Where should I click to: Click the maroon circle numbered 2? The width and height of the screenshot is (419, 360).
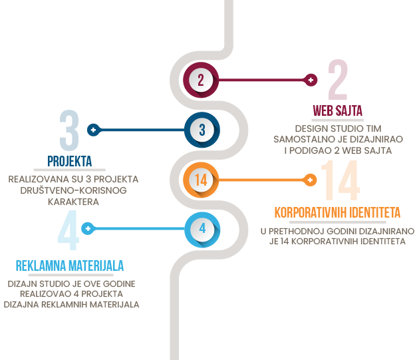pos(201,80)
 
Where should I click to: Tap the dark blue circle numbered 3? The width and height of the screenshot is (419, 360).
pos(202,130)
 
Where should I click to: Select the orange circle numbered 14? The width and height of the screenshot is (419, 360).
pos(201,180)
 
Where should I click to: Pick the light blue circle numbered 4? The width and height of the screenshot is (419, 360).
pos(202,229)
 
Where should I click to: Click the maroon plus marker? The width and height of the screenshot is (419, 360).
pos(311,80)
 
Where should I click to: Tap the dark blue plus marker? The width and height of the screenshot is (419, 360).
pos(94,130)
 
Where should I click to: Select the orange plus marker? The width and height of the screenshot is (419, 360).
pos(310,180)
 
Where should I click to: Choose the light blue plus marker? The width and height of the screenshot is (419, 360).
pos(88,229)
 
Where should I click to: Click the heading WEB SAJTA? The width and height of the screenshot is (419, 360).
pos(337,110)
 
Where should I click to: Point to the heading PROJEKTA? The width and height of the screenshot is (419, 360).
pos(69,161)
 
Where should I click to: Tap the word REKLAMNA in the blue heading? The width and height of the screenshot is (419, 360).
pos(41,266)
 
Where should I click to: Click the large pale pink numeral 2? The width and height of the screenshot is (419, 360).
pos(338,80)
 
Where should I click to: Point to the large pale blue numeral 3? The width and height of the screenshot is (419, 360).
pos(69,130)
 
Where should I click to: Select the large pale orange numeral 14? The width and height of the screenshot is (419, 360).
pos(341,180)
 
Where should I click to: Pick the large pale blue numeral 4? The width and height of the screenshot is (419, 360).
pos(69,230)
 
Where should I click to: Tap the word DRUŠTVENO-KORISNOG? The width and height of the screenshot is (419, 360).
pos(73,190)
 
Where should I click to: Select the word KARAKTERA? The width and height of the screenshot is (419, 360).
pos(73,202)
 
